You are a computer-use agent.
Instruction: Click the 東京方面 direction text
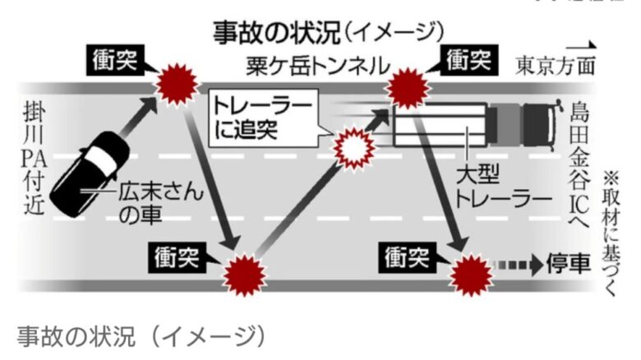pyautogui.click(x=555, y=65)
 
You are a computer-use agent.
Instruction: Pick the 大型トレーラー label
pyautogui.click(x=491, y=188)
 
